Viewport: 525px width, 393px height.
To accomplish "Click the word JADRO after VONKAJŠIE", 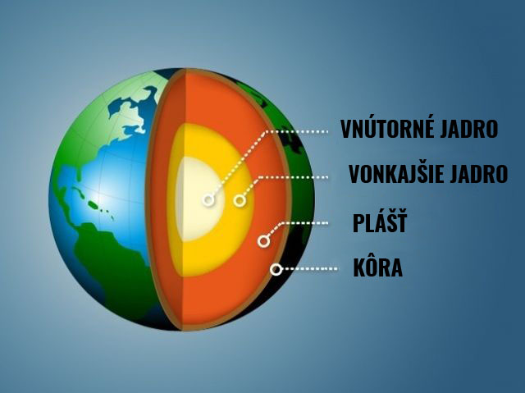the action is coord(479,174).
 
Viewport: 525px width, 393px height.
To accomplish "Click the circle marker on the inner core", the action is coord(208,200).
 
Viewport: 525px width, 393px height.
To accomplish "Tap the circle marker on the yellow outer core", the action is coord(240,200).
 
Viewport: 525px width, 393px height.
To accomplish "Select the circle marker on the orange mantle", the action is coord(264,240).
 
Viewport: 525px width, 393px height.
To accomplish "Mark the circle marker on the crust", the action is coord(276,269).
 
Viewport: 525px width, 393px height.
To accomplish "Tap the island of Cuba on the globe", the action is coord(78,192).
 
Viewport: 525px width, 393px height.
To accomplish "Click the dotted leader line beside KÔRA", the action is coord(310,269).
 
